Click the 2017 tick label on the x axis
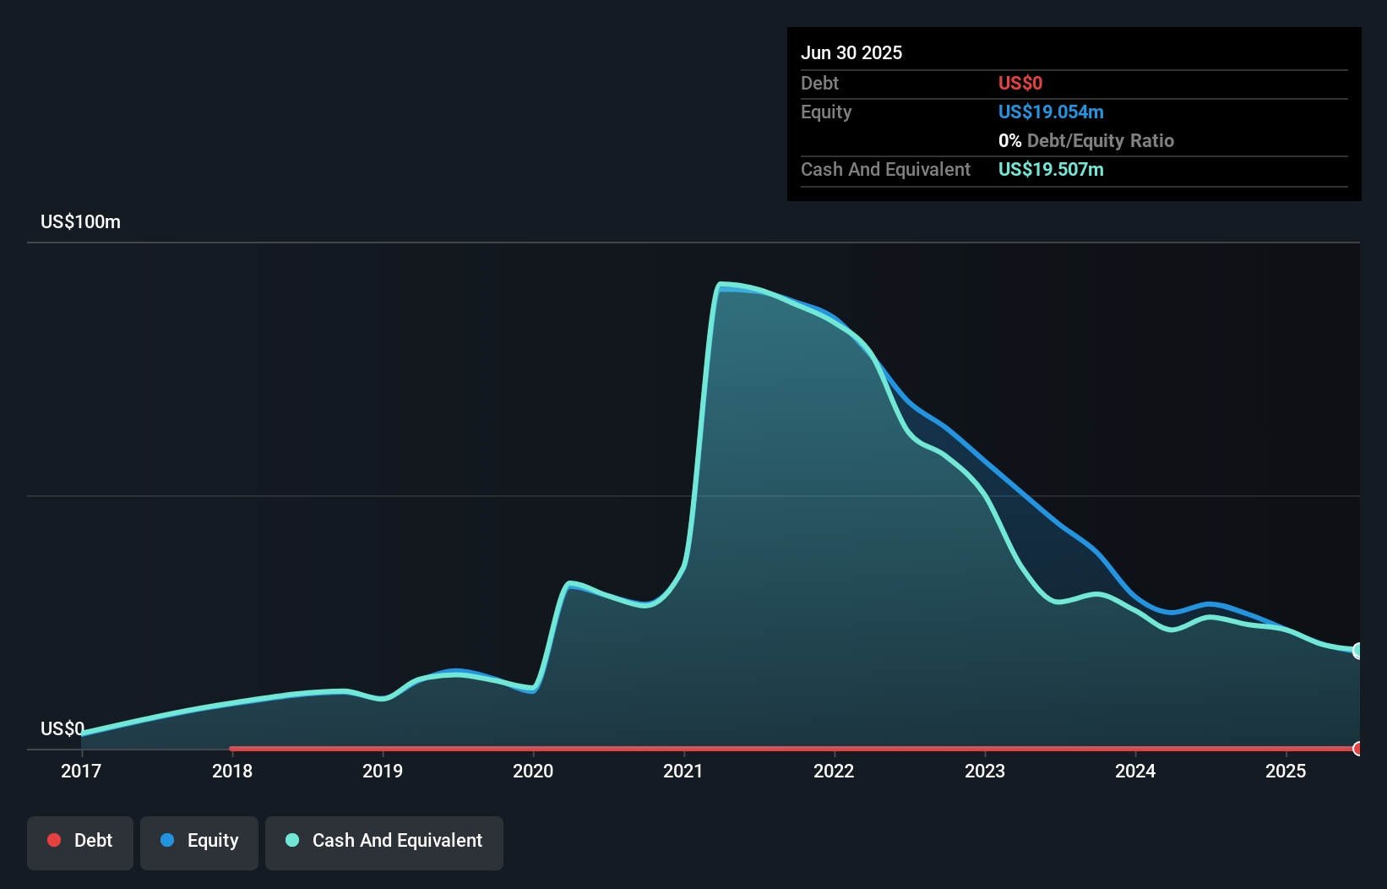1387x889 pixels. [x=81, y=771]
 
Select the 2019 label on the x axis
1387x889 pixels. [x=383, y=771]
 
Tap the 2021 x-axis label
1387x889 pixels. [x=683, y=771]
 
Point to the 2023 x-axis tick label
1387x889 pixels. [x=985, y=771]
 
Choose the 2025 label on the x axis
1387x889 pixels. [x=1286, y=771]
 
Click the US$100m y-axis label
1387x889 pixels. [x=80, y=222]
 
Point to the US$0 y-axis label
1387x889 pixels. [x=63, y=728]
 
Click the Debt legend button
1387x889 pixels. [x=80, y=841]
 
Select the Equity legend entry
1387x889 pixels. [x=199, y=841]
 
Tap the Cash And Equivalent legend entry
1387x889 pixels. [x=384, y=841]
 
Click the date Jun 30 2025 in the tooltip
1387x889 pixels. [x=851, y=52]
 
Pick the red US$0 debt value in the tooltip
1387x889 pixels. [x=1020, y=83]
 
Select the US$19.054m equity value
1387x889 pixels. [x=1051, y=112]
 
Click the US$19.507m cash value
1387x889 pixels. [x=1051, y=169]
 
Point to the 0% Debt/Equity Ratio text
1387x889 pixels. [x=1086, y=140]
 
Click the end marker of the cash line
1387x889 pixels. [x=1358, y=651]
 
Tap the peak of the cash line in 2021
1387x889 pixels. [x=721, y=285]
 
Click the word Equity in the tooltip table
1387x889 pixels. [x=826, y=112]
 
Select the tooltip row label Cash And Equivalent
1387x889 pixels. [x=885, y=169]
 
